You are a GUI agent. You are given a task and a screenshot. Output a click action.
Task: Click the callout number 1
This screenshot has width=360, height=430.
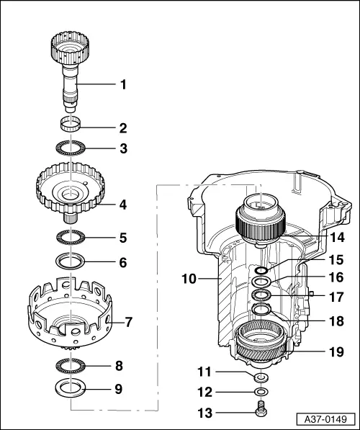123,84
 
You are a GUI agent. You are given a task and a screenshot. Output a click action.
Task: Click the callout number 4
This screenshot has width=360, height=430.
123,205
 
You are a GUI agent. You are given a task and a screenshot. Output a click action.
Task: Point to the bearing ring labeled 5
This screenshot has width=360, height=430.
72,236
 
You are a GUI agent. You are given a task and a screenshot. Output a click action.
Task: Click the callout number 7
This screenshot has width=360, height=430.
130,321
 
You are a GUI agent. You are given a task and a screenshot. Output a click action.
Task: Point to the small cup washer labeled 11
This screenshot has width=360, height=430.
261,377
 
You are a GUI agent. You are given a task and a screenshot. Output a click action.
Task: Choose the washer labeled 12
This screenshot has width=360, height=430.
261,393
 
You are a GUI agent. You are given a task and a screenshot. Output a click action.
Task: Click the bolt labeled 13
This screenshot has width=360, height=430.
261,412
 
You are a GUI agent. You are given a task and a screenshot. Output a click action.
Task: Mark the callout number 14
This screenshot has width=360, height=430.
337,236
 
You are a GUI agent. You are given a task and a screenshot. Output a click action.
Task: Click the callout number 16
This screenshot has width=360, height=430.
337,277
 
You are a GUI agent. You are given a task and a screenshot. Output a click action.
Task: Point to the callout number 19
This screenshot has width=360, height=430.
337,353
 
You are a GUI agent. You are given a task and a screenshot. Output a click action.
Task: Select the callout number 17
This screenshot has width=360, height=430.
337,296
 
